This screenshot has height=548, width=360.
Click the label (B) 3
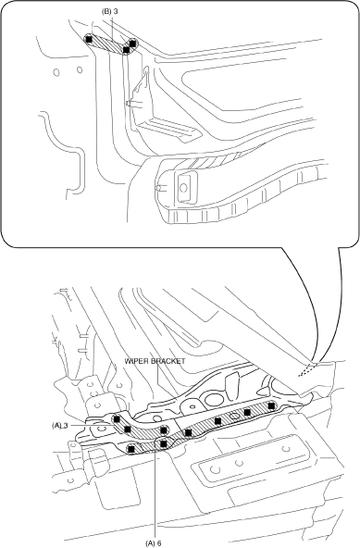[110, 11]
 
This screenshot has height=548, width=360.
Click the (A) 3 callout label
[59, 425]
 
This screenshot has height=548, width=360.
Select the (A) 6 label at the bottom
[154, 543]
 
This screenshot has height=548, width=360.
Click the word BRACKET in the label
[168, 361]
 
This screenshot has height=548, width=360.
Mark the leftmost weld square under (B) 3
[89, 39]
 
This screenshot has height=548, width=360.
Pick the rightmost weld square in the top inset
[132, 43]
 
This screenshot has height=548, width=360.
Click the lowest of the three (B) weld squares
[126, 50]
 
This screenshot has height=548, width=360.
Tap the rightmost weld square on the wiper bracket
[271, 405]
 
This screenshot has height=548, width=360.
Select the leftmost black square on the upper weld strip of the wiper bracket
[117, 418]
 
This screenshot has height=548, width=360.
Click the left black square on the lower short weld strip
[131, 448]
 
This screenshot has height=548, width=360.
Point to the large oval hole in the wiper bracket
[214, 399]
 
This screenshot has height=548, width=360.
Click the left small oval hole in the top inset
[56, 72]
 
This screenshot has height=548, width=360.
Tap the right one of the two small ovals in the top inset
[80, 70]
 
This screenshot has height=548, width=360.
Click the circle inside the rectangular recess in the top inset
[183, 188]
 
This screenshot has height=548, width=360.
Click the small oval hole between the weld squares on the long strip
[234, 416]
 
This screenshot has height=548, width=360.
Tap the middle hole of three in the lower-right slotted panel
[239, 463]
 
